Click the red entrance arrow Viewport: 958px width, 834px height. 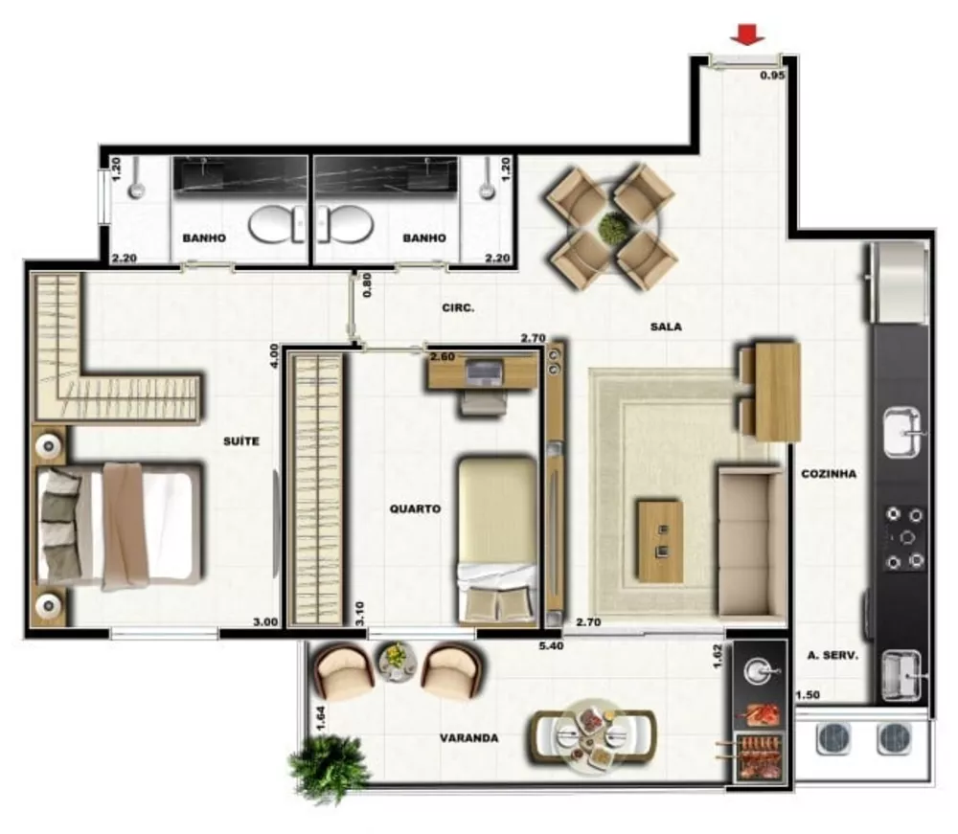(x=747, y=35)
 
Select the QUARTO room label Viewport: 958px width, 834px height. (x=415, y=509)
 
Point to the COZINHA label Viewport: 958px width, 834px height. (x=829, y=474)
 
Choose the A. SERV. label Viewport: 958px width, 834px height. (x=832, y=656)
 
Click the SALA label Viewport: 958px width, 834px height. (x=665, y=327)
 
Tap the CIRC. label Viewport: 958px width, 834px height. (x=458, y=308)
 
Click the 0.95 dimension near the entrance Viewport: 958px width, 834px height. (x=772, y=75)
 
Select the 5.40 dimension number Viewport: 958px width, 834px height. (x=548, y=646)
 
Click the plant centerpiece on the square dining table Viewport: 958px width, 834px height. (x=611, y=228)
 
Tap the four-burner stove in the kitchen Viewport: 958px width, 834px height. (x=904, y=538)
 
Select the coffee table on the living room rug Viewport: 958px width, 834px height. (x=659, y=541)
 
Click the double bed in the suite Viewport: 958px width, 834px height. (x=120, y=525)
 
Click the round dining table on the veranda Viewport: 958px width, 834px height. (x=592, y=735)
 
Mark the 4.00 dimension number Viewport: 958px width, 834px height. (x=274, y=356)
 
